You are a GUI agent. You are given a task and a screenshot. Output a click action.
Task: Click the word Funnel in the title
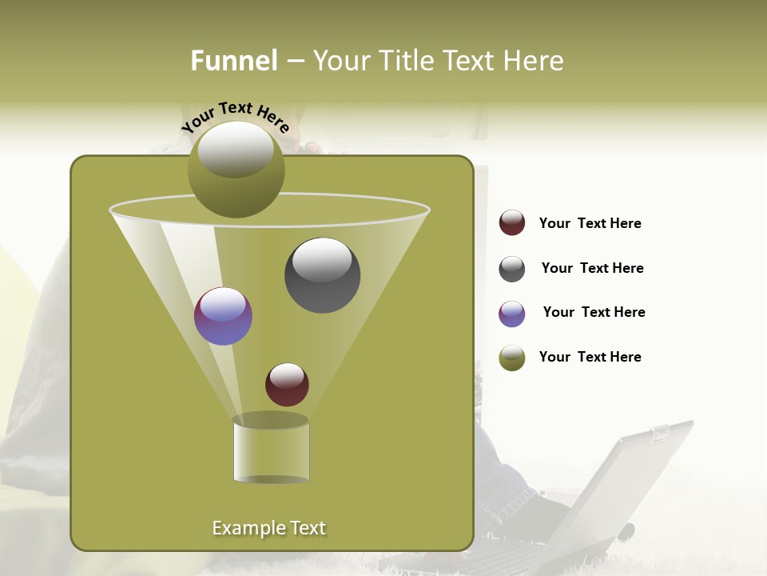pos(233,61)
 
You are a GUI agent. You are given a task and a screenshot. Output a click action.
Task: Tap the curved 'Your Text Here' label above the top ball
pos(235,116)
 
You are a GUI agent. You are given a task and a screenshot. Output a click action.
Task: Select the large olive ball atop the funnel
pos(236,170)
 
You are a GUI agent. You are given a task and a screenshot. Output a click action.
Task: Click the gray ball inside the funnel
pos(322,275)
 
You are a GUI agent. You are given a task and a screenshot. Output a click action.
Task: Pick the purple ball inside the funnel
pos(223,316)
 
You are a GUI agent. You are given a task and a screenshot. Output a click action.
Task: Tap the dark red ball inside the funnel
pos(287,385)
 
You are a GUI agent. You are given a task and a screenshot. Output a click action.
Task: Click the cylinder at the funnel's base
pos(271,450)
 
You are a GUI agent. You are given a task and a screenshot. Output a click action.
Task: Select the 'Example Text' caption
pos(268,528)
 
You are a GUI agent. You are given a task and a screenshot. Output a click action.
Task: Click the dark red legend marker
pos(512,223)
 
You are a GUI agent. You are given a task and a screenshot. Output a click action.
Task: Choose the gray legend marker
pos(512,269)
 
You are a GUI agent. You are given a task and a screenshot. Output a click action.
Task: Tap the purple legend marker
pos(512,314)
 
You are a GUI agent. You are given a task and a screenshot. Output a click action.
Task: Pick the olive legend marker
pos(512,358)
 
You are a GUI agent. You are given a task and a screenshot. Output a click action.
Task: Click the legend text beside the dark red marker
pos(590,224)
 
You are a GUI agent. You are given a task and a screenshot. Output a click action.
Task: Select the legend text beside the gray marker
pos(592,269)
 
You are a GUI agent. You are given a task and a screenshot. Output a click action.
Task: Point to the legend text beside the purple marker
pos(594,313)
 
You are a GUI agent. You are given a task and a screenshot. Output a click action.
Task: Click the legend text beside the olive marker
pos(590,358)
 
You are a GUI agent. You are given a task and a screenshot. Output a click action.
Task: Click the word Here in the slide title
pos(535,61)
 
